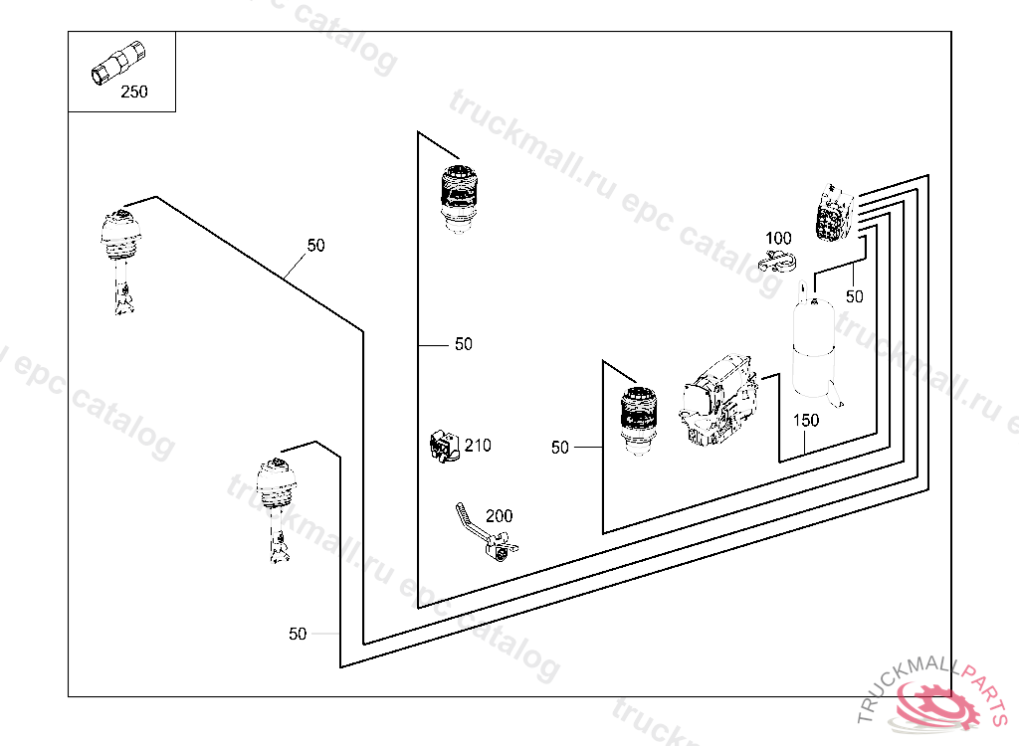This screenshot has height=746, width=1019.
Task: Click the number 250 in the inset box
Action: (133, 93)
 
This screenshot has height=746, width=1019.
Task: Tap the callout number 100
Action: (778, 239)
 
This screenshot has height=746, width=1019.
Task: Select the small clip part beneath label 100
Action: (778, 263)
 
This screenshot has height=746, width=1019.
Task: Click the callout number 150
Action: (806, 421)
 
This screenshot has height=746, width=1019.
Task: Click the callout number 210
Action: (478, 446)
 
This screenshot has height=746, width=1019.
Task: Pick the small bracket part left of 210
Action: (442, 446)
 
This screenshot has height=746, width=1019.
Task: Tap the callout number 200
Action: (500, 516)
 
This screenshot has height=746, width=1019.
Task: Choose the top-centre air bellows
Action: (460, 197)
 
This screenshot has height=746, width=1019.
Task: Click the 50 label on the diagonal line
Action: (315, 246)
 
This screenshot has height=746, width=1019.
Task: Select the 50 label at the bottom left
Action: (298, 634)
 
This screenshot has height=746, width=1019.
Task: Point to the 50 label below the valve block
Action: (855, 296)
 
